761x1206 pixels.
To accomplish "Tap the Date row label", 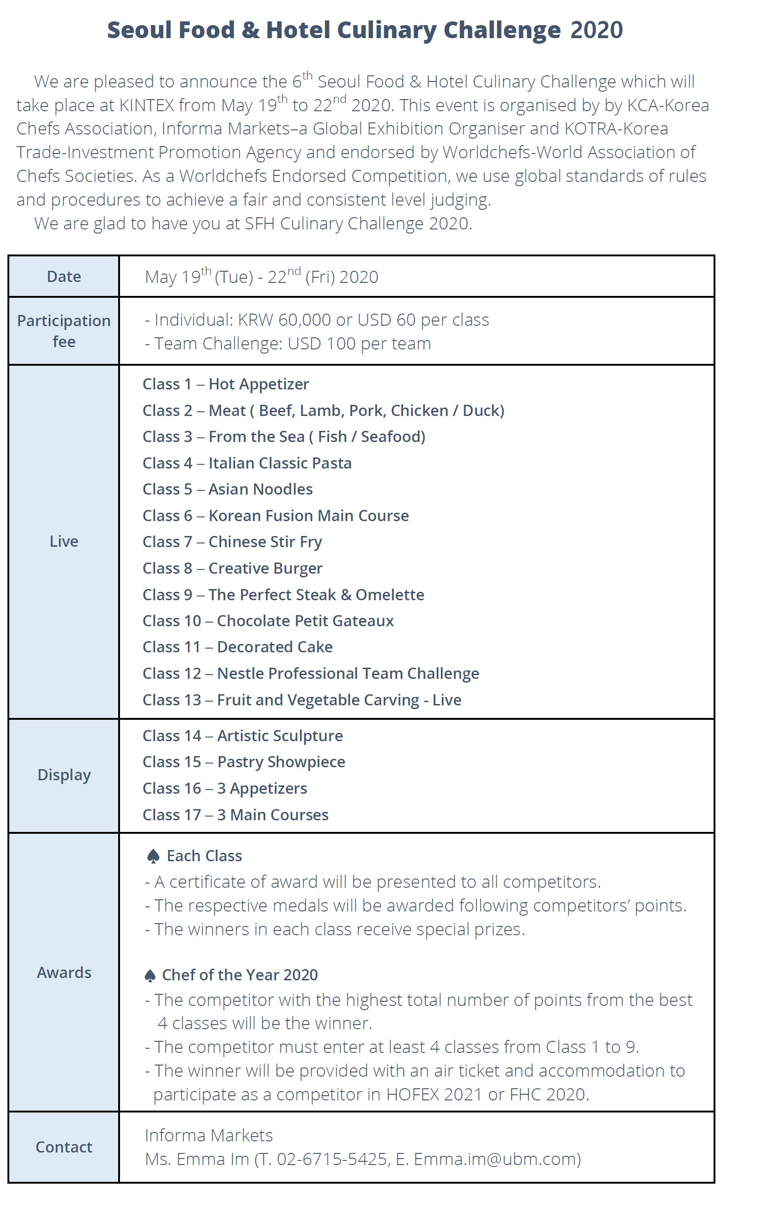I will point(64,276).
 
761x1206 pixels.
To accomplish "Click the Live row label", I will point(64,542).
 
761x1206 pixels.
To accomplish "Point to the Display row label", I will point(64,775).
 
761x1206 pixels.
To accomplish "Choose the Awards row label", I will point(64,972).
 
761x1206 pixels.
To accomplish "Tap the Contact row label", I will point(64,1147).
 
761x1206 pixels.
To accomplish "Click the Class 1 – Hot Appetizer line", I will point(225,384).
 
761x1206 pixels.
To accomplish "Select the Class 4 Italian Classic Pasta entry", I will point(247,463).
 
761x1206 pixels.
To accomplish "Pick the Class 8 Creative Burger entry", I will point(232,569).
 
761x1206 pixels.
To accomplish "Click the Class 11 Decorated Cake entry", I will point(237,647).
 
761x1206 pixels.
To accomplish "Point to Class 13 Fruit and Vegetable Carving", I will point(301,700).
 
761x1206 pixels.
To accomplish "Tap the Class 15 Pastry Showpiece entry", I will point(244,762).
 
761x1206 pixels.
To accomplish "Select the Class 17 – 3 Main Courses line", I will point(235,815).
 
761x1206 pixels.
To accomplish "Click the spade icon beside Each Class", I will point(153,857).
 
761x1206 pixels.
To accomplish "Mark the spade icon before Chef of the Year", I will point(150,975).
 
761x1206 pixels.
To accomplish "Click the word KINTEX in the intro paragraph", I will point(147,105).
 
